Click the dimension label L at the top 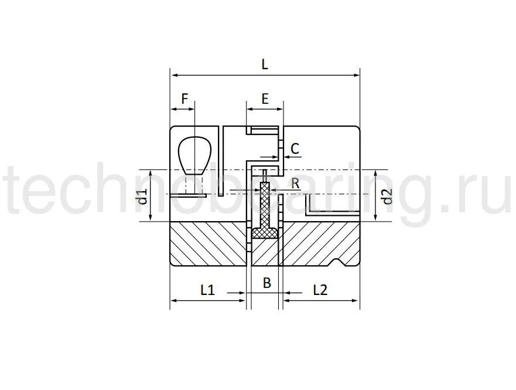(265, 65)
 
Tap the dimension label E (265, 99)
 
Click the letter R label (295, 184)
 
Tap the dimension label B (266, 283)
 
